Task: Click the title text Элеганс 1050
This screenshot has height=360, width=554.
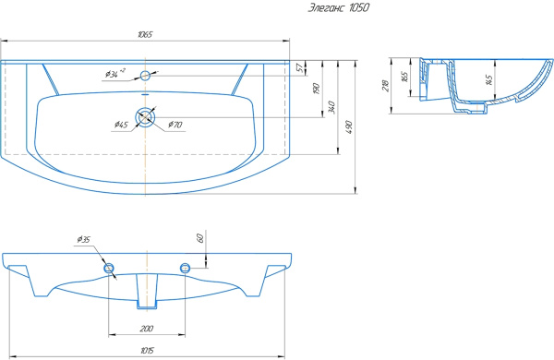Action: pyautogui.click(x=339, y=7)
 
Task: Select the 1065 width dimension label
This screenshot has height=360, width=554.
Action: pyautogui.click(x=145, y=34)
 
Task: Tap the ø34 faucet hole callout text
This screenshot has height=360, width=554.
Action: pyautogui.click(x=115, y=74)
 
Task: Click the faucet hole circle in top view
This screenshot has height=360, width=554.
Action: pyautogui.click(x=145, y=76)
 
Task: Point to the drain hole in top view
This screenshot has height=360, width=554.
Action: pyautogui.click(x=145, y=116)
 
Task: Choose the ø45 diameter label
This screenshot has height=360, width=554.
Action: pyautogui.click(x=121, y=125)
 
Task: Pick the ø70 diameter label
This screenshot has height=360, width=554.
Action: pyautogui.click(x=175, y=125)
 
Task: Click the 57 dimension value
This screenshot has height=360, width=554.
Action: pyautogui.click(x=300, y=67)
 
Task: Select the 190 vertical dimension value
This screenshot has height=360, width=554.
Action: pyautogui.click(x=316, y=89)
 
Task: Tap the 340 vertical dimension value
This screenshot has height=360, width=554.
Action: pyautogui.click(x=331, y=107)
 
